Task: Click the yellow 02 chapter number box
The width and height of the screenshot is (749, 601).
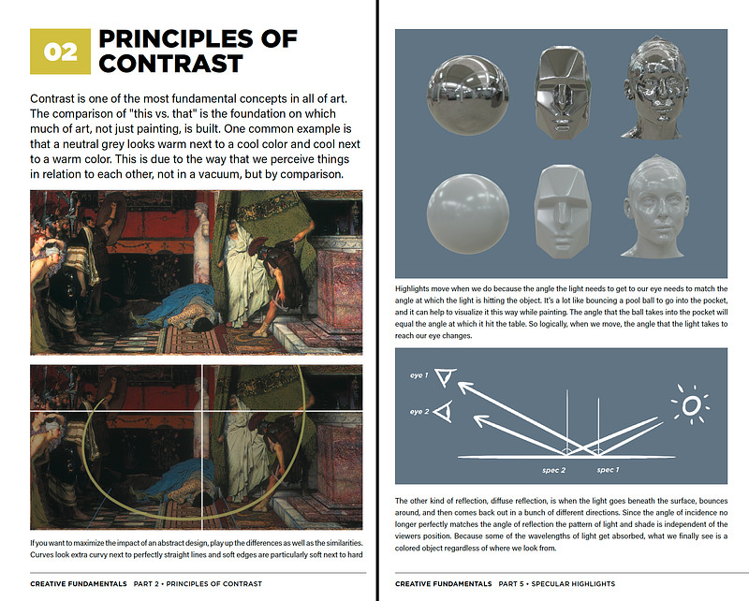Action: coord(61,51)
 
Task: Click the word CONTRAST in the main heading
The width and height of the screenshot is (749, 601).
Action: coord(171,64)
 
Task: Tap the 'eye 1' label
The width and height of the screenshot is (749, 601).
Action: coord(419,375)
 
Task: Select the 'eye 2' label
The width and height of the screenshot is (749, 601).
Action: coord(419,412)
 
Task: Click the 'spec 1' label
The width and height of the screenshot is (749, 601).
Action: coord(608,469)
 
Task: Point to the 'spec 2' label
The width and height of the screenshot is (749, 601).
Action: coord(555,469)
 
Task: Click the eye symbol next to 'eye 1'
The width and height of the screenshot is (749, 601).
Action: coord(446,376)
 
